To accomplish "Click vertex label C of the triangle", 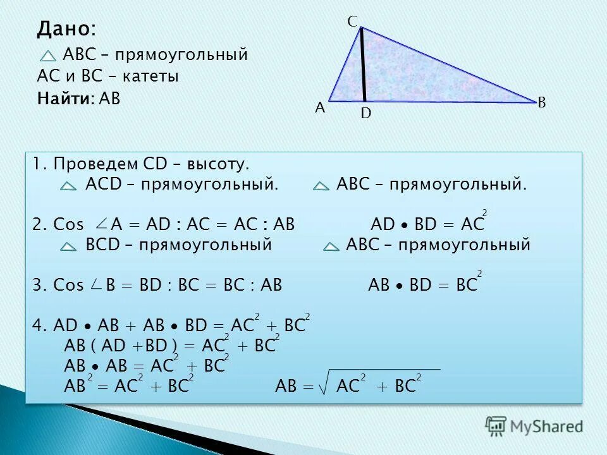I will coord(352,21).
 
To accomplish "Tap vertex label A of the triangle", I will coord(320,108).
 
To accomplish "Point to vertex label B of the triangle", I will coord(542,102).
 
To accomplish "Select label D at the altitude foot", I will coord(365,114).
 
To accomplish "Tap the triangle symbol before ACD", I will coord(69,186).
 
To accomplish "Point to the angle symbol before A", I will coord(101,224).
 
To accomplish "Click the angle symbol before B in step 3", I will coord(95,285).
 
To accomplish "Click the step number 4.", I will coord(37,325).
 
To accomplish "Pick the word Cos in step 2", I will coord(68,225).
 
